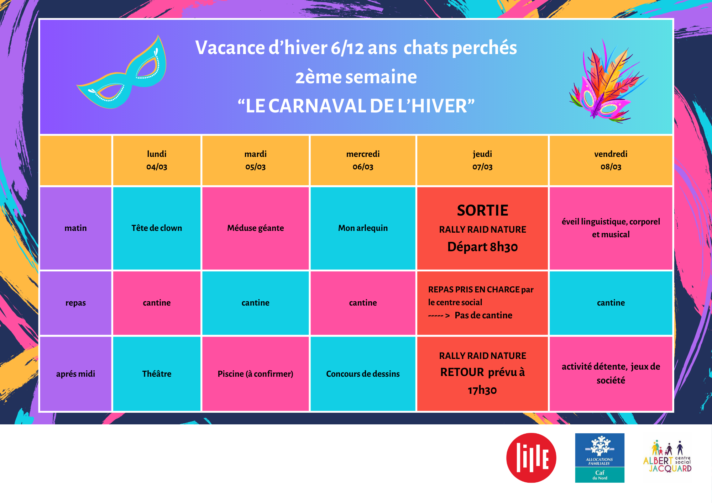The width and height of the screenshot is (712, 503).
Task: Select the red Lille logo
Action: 531,458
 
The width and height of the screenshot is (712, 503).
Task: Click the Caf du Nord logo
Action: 600,458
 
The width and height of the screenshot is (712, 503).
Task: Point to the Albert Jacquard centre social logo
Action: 667,457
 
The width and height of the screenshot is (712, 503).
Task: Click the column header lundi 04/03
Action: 157,160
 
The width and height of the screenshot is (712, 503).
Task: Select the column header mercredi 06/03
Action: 363,160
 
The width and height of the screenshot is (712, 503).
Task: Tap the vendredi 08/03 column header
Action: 611,160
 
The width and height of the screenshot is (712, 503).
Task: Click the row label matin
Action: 75,228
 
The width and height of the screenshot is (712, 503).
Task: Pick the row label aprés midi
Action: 75,374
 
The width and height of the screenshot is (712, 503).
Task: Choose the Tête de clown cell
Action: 157,228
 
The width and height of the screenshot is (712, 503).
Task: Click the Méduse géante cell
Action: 256,228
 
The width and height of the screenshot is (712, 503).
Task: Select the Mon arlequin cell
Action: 363,228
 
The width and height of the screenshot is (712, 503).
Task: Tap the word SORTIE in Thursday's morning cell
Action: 482,211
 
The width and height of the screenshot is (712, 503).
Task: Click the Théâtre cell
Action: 157,374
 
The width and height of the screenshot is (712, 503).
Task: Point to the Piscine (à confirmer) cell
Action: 256,374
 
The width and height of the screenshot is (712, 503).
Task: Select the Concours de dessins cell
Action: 363,374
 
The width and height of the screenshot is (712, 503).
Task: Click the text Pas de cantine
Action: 483,315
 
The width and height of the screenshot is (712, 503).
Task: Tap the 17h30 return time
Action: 482,390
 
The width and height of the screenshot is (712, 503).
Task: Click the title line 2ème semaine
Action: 356,77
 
